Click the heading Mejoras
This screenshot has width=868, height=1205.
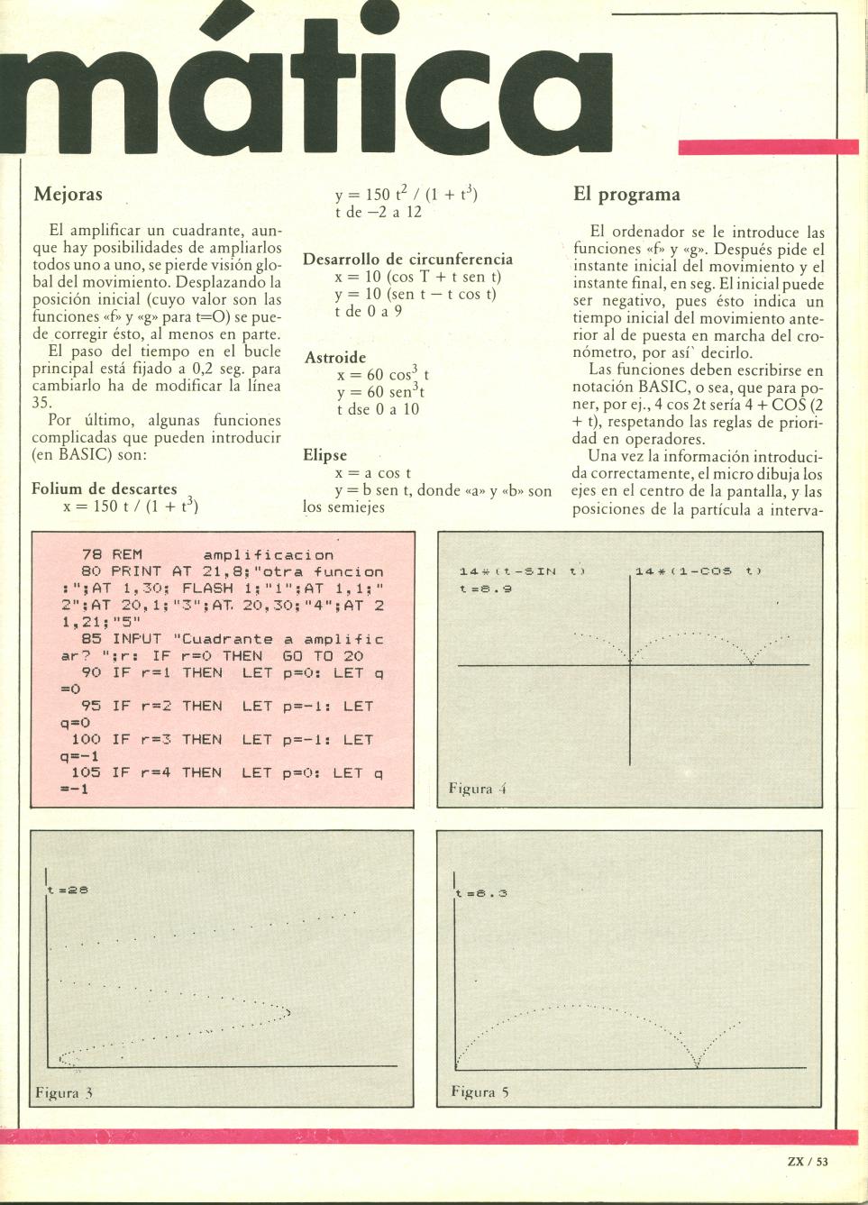click(68, 194)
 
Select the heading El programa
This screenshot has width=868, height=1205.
click(626, 194)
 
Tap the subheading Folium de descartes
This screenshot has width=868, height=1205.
click(105, 489)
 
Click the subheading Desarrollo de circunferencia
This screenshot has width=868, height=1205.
click(407, 260)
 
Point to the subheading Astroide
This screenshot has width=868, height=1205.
click(334, 358)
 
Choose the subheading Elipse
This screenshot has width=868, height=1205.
click(324, 456)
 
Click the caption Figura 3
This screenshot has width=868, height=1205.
click(64, 1093)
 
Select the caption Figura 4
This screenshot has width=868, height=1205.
click(479, 789)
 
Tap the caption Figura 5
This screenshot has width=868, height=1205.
click(480, 1092)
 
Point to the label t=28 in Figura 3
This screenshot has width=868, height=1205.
click(65, 890)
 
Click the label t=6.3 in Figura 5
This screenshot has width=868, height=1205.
click(482, 893)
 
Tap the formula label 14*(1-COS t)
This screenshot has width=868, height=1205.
click(699, 571)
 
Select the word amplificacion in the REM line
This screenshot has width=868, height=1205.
click(269, 555)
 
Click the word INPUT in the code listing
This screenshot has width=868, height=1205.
click(137, 639)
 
